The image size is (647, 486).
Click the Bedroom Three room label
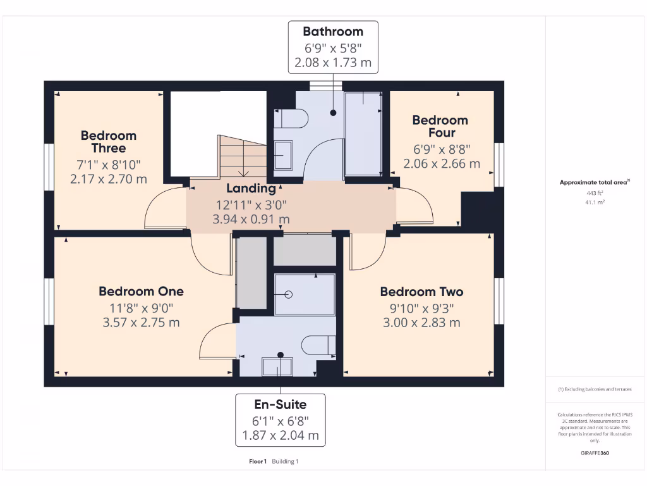[x=108, y=142]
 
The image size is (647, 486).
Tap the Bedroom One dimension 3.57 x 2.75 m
[x=141, y=322]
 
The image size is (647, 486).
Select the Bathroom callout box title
[x=332, y=32]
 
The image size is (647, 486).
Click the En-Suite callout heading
[x=280, y=404]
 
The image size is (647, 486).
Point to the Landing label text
[x=251, y=189]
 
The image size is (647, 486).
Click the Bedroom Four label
[x=440, y=126]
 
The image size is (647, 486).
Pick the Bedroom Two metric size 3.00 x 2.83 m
[x=421, y=323]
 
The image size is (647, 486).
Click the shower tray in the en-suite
[x=305, y=294]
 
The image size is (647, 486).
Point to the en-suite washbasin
[x=278, y=366]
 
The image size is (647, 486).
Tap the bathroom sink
[x=283, y=155]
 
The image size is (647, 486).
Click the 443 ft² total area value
[x=594, y=193]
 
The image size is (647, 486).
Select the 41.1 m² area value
[x=594, y=202]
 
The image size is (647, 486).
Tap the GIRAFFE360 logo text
[x=595, y=453]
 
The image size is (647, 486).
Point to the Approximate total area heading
[x=594, y=182]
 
